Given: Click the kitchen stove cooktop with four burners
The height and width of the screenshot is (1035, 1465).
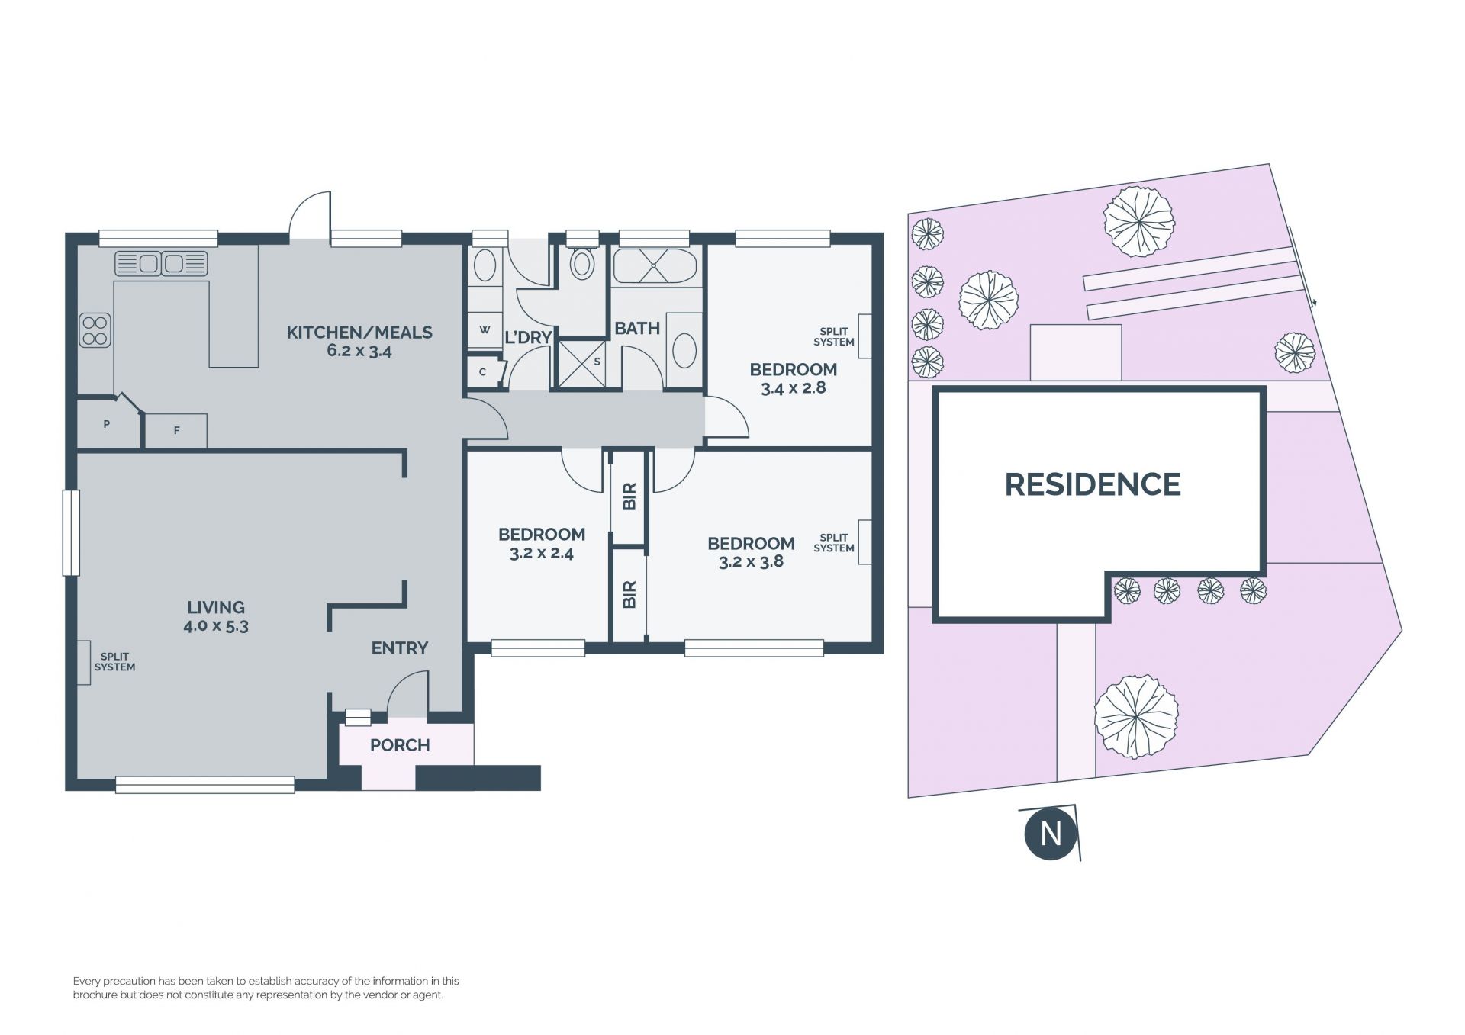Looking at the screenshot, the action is [x=95, y=330].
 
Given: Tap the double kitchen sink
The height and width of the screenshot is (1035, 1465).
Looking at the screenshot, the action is [x=161, y=264].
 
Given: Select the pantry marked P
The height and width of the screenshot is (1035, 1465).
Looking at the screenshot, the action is [x=108, y=423].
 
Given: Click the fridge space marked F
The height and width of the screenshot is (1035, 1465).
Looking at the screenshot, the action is [x=176, y=431].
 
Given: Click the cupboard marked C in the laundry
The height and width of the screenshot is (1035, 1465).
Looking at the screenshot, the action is [x=484, y=372].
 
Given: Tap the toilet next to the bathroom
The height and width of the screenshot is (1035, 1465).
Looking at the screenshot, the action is [x=583, y=262].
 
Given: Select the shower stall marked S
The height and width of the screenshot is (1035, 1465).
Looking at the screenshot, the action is [x=581, y=363].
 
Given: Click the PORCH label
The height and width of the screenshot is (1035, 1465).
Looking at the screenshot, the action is [x=400, y=745].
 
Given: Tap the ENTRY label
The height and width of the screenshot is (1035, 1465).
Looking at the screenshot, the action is [x=400, y=648].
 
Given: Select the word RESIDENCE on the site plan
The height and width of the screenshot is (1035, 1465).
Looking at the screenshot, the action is [x=1093, y=484].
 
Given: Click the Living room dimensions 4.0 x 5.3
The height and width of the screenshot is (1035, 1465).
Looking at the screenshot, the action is [x=216, y=627].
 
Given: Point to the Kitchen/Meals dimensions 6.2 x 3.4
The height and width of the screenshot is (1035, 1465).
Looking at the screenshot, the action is [x=359, y=352].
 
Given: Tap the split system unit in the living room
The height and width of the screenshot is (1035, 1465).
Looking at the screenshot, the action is [x=83, y=662].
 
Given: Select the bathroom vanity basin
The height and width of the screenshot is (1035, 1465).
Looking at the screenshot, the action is [x=684, y=350].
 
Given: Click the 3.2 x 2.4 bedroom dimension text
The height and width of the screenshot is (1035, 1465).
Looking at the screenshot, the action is [x=542, y=554].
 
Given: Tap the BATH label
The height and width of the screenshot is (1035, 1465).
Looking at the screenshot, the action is [x=637, y=329].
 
